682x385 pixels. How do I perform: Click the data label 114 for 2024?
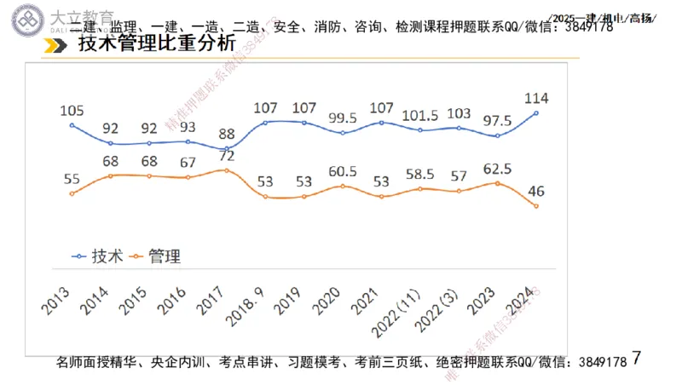pos(536,96)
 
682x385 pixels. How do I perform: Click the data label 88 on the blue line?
pos(225,133)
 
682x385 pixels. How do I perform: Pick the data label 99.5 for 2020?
pos(343,117)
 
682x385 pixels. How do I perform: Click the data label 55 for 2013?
pos(72,177)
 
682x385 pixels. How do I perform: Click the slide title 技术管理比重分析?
pos(155,47)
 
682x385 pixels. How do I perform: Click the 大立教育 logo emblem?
pos(22,20)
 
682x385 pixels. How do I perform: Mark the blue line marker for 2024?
pos(536,112)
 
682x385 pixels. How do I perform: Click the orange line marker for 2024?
pos(536,205)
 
